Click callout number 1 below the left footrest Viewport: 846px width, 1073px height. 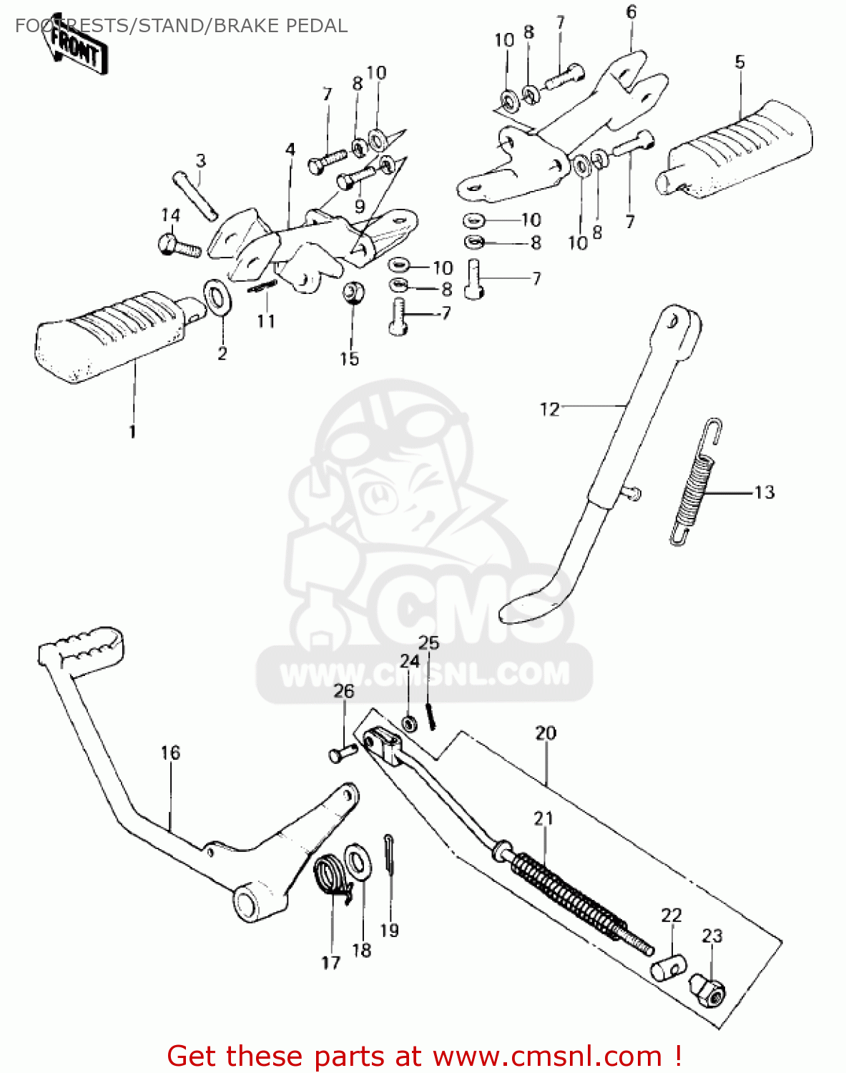[132, 431]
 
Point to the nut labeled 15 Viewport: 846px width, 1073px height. [351, 293]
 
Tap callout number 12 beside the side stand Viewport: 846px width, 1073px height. [549, 409]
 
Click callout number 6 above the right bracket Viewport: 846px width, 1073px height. [631, 12]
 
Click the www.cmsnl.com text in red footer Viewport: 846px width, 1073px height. [547, 1056]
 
